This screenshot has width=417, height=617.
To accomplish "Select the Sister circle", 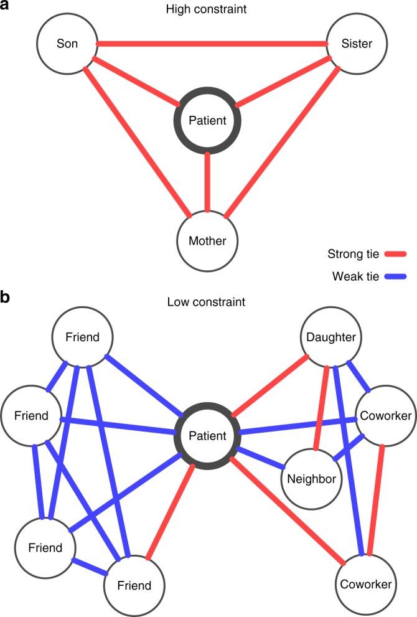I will click(357, 44).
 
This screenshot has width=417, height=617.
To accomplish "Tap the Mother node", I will click(207, 240).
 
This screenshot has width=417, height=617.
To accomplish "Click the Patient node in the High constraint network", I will click(207, 121).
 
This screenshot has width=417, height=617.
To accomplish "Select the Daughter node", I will click(330, 337).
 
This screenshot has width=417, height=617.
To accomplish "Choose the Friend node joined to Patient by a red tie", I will click(134, 585).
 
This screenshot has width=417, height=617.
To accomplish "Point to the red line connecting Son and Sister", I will click(212, 44).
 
